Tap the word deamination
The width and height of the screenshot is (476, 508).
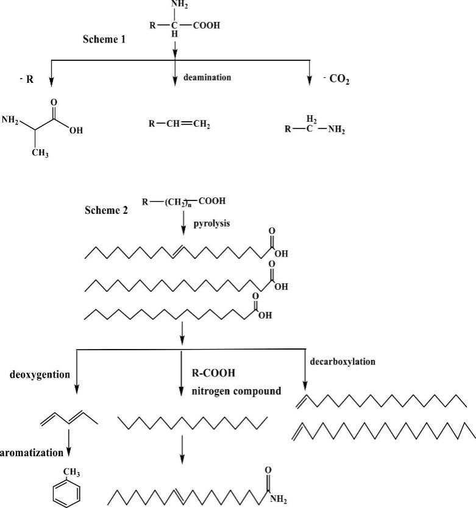tap(207, 78)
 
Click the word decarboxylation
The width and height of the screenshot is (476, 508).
tap(343, 361)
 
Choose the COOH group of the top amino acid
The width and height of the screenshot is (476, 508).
tap(205, 26)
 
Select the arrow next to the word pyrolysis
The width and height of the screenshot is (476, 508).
tap(183, 227)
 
